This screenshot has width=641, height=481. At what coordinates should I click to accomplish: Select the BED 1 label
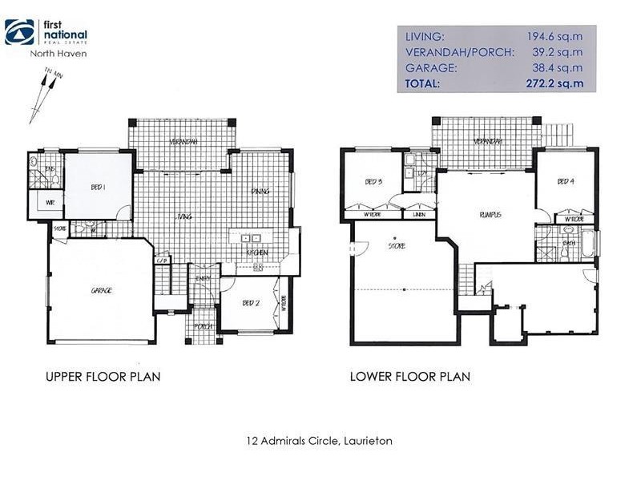tap(98, 187)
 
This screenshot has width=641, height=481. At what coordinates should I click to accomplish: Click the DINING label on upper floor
tap(260, 191)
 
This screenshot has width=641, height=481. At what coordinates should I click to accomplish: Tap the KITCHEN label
tap(256, 253)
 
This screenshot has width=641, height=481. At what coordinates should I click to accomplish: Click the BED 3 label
tap(373, 181)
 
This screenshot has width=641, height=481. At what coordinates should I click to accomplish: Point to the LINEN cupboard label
tap(418, 215)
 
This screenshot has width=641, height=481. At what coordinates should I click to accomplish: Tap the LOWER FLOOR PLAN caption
tap(409, 376)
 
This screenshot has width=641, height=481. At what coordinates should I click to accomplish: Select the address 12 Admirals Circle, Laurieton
tap(320, 440)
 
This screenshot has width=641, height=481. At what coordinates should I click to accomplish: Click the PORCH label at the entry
tap(202, 326)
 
